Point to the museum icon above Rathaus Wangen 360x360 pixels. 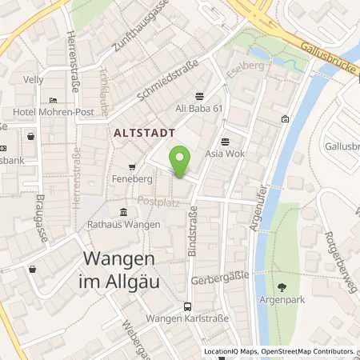coord(123,212)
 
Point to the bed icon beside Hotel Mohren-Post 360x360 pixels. coord(53,100)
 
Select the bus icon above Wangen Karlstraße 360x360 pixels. coord(187,306)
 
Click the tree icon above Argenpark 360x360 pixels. coord(281,286)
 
